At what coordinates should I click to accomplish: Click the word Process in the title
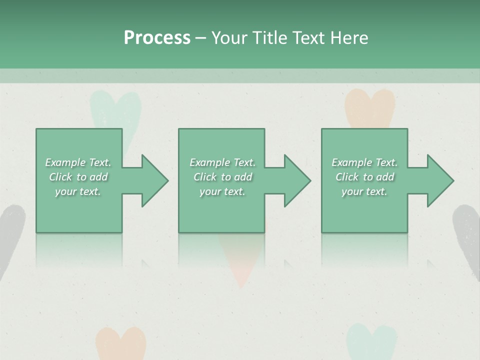click(x=157, y=38)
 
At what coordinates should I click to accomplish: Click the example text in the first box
click(x=78, y=177)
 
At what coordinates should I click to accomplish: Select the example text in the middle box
click(x=222, y=177)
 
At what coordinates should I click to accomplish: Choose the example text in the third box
click(x=364, y=177)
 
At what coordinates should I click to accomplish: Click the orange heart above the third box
click(x=369, y=107)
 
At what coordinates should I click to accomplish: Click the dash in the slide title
click(x=200, y=38)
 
